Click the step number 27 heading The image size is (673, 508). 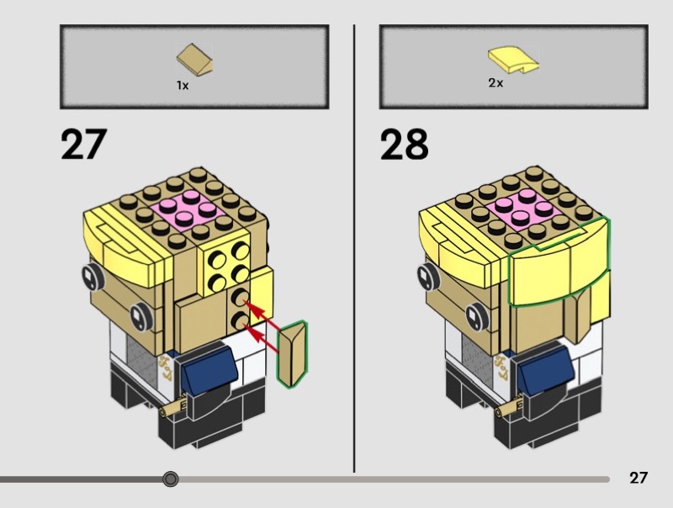(x=83, y=144)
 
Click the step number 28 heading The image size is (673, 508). (x=404, y=144)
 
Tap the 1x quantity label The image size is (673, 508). (x=182, y=85)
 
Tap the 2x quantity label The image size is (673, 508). (x=495, y=83)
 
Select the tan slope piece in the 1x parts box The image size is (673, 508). (x=194, y=60)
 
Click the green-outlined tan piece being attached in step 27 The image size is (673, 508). (x=294, y=354)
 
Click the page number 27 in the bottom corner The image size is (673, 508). (x=639, y=478)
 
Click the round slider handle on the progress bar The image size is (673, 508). (x=171, y=479)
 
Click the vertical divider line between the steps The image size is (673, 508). (x=354, y=252)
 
